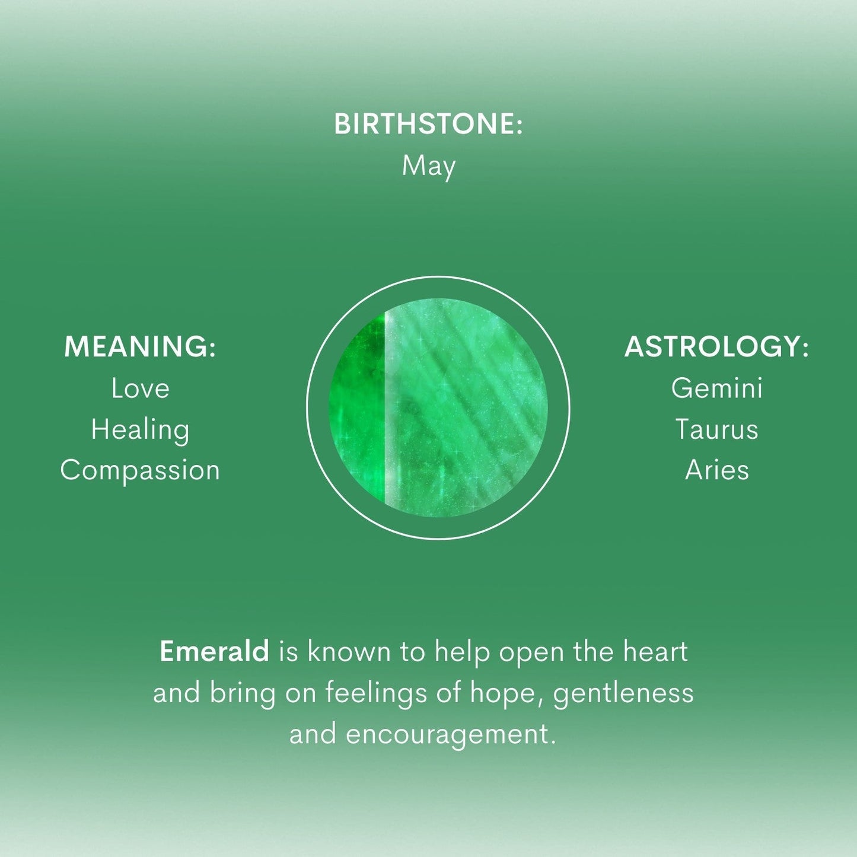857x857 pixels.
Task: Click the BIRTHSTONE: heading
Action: tap(428, 125)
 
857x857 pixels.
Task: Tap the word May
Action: tap(428, 166)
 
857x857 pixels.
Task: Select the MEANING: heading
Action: tap(140, 347)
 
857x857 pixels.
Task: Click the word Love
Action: tap(140, 389)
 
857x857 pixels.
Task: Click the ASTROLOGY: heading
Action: tap(716, 347)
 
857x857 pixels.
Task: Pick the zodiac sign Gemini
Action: tap(716, 389)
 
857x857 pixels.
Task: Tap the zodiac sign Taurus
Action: tap(716, 429)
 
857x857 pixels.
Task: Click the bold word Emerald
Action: tap(214, 652)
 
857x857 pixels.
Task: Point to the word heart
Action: tap(655, 652)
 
